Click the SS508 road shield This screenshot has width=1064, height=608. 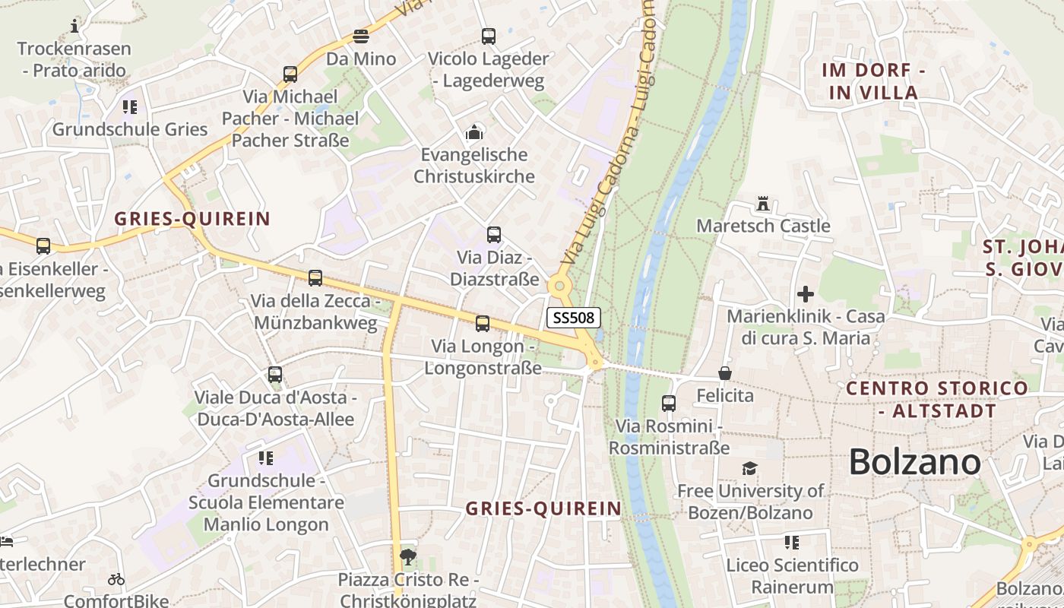tap(574, 318)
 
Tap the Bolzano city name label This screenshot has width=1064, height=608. tap(914, 461)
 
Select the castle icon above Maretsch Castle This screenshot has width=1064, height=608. tap(763, 204)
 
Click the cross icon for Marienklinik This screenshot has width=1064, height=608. tap(806, 293)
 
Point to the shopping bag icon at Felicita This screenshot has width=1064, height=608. tap(725, 373)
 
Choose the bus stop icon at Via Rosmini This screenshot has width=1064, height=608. tap(669, 404)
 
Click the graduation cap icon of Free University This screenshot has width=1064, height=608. tap(750, 468)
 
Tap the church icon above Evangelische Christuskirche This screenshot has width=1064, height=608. tap(474, 132)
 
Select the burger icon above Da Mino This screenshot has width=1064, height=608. tap(361, 36)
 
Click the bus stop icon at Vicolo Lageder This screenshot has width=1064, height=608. tap(488, 36)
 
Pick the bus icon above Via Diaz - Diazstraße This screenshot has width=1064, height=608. tap(494, 235)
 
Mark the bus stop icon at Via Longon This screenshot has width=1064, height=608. tap(483, 324)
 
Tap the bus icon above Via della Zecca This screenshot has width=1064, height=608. tap(315, 278)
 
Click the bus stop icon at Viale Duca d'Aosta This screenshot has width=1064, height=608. tap(275, 375)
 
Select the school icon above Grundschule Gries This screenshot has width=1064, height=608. tap(130, 107)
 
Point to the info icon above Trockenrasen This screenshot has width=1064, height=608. tap(74, 27)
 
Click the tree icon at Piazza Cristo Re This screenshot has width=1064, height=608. tap(408, 557)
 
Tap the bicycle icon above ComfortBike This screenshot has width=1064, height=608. tap(116, 579)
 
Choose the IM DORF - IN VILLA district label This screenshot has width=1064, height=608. tap(873, 81)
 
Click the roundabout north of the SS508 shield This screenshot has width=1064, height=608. tap(560, 287)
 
